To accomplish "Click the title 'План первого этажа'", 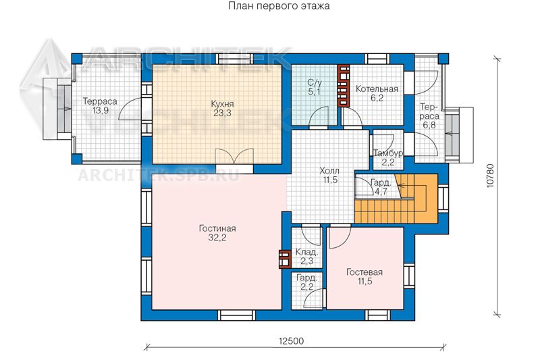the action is click(x=279, y=6).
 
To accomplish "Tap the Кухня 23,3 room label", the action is click(x=222, y=108).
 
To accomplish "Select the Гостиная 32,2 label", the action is click(x=217, y=233).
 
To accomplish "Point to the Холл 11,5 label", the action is click(x=329, y=175).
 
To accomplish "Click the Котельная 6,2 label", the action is click(x=377, y=93).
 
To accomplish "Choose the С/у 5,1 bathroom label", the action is click(x=315, y=87).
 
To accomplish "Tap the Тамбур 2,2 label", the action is click(x=388, y=157).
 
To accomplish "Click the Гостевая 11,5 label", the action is click(x=364, y=277).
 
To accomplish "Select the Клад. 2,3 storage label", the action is click(x=306, y=257).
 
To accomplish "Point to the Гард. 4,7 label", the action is click(x=381, y=187).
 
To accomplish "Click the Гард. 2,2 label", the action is click(x=306, y=282).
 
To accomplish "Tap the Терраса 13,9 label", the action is click(x=100, y=106).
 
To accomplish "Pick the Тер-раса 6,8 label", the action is click(x=429, y=115).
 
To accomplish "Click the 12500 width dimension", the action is click(x=292, y=341).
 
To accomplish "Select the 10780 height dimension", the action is click(x=491, y=176).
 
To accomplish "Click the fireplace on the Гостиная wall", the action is click(x=285, y=259).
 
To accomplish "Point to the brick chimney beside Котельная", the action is click(x=344, y=86).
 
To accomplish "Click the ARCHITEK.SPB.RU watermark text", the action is click(x=159, y=175).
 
